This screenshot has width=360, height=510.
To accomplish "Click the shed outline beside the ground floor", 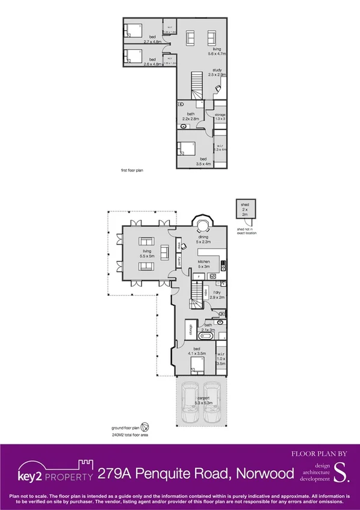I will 246,213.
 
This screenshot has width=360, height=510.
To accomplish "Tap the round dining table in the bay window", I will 202,226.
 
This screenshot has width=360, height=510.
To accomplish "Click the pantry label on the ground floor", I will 179,261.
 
